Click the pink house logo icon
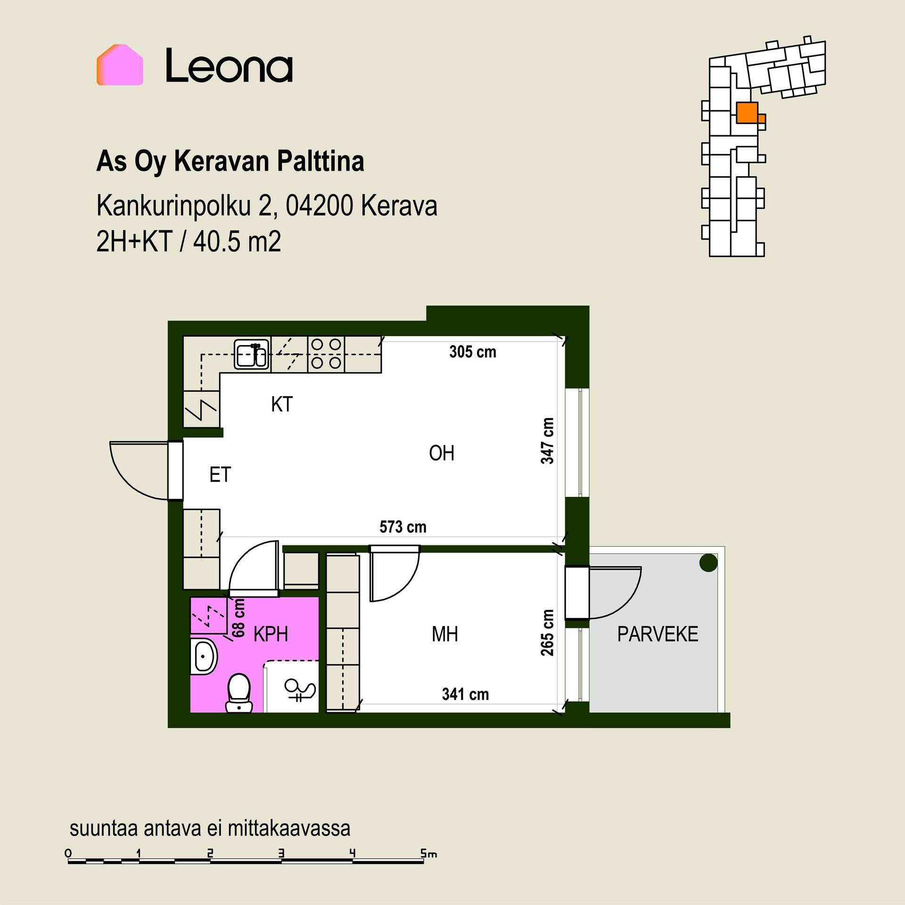(x=120, y=65)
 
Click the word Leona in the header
(x=230, y=66)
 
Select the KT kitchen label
(x=282, y=404)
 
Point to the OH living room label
(x=442, y=453)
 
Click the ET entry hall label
(x=220, y=475)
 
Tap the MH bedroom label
(x=445, y=634)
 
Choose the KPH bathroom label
(x=271, y=634)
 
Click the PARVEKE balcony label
(x=658, y=634)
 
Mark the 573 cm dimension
(x=403, y=527)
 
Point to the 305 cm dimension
(x=473, y=352)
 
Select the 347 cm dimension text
(x=547, y=441)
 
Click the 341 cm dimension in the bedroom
(x=465, y=694)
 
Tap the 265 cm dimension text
(x=547, y=633)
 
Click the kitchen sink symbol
(x=252, y=354)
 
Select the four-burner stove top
(x=326, y=354)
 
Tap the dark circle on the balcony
(x=708, y=562)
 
